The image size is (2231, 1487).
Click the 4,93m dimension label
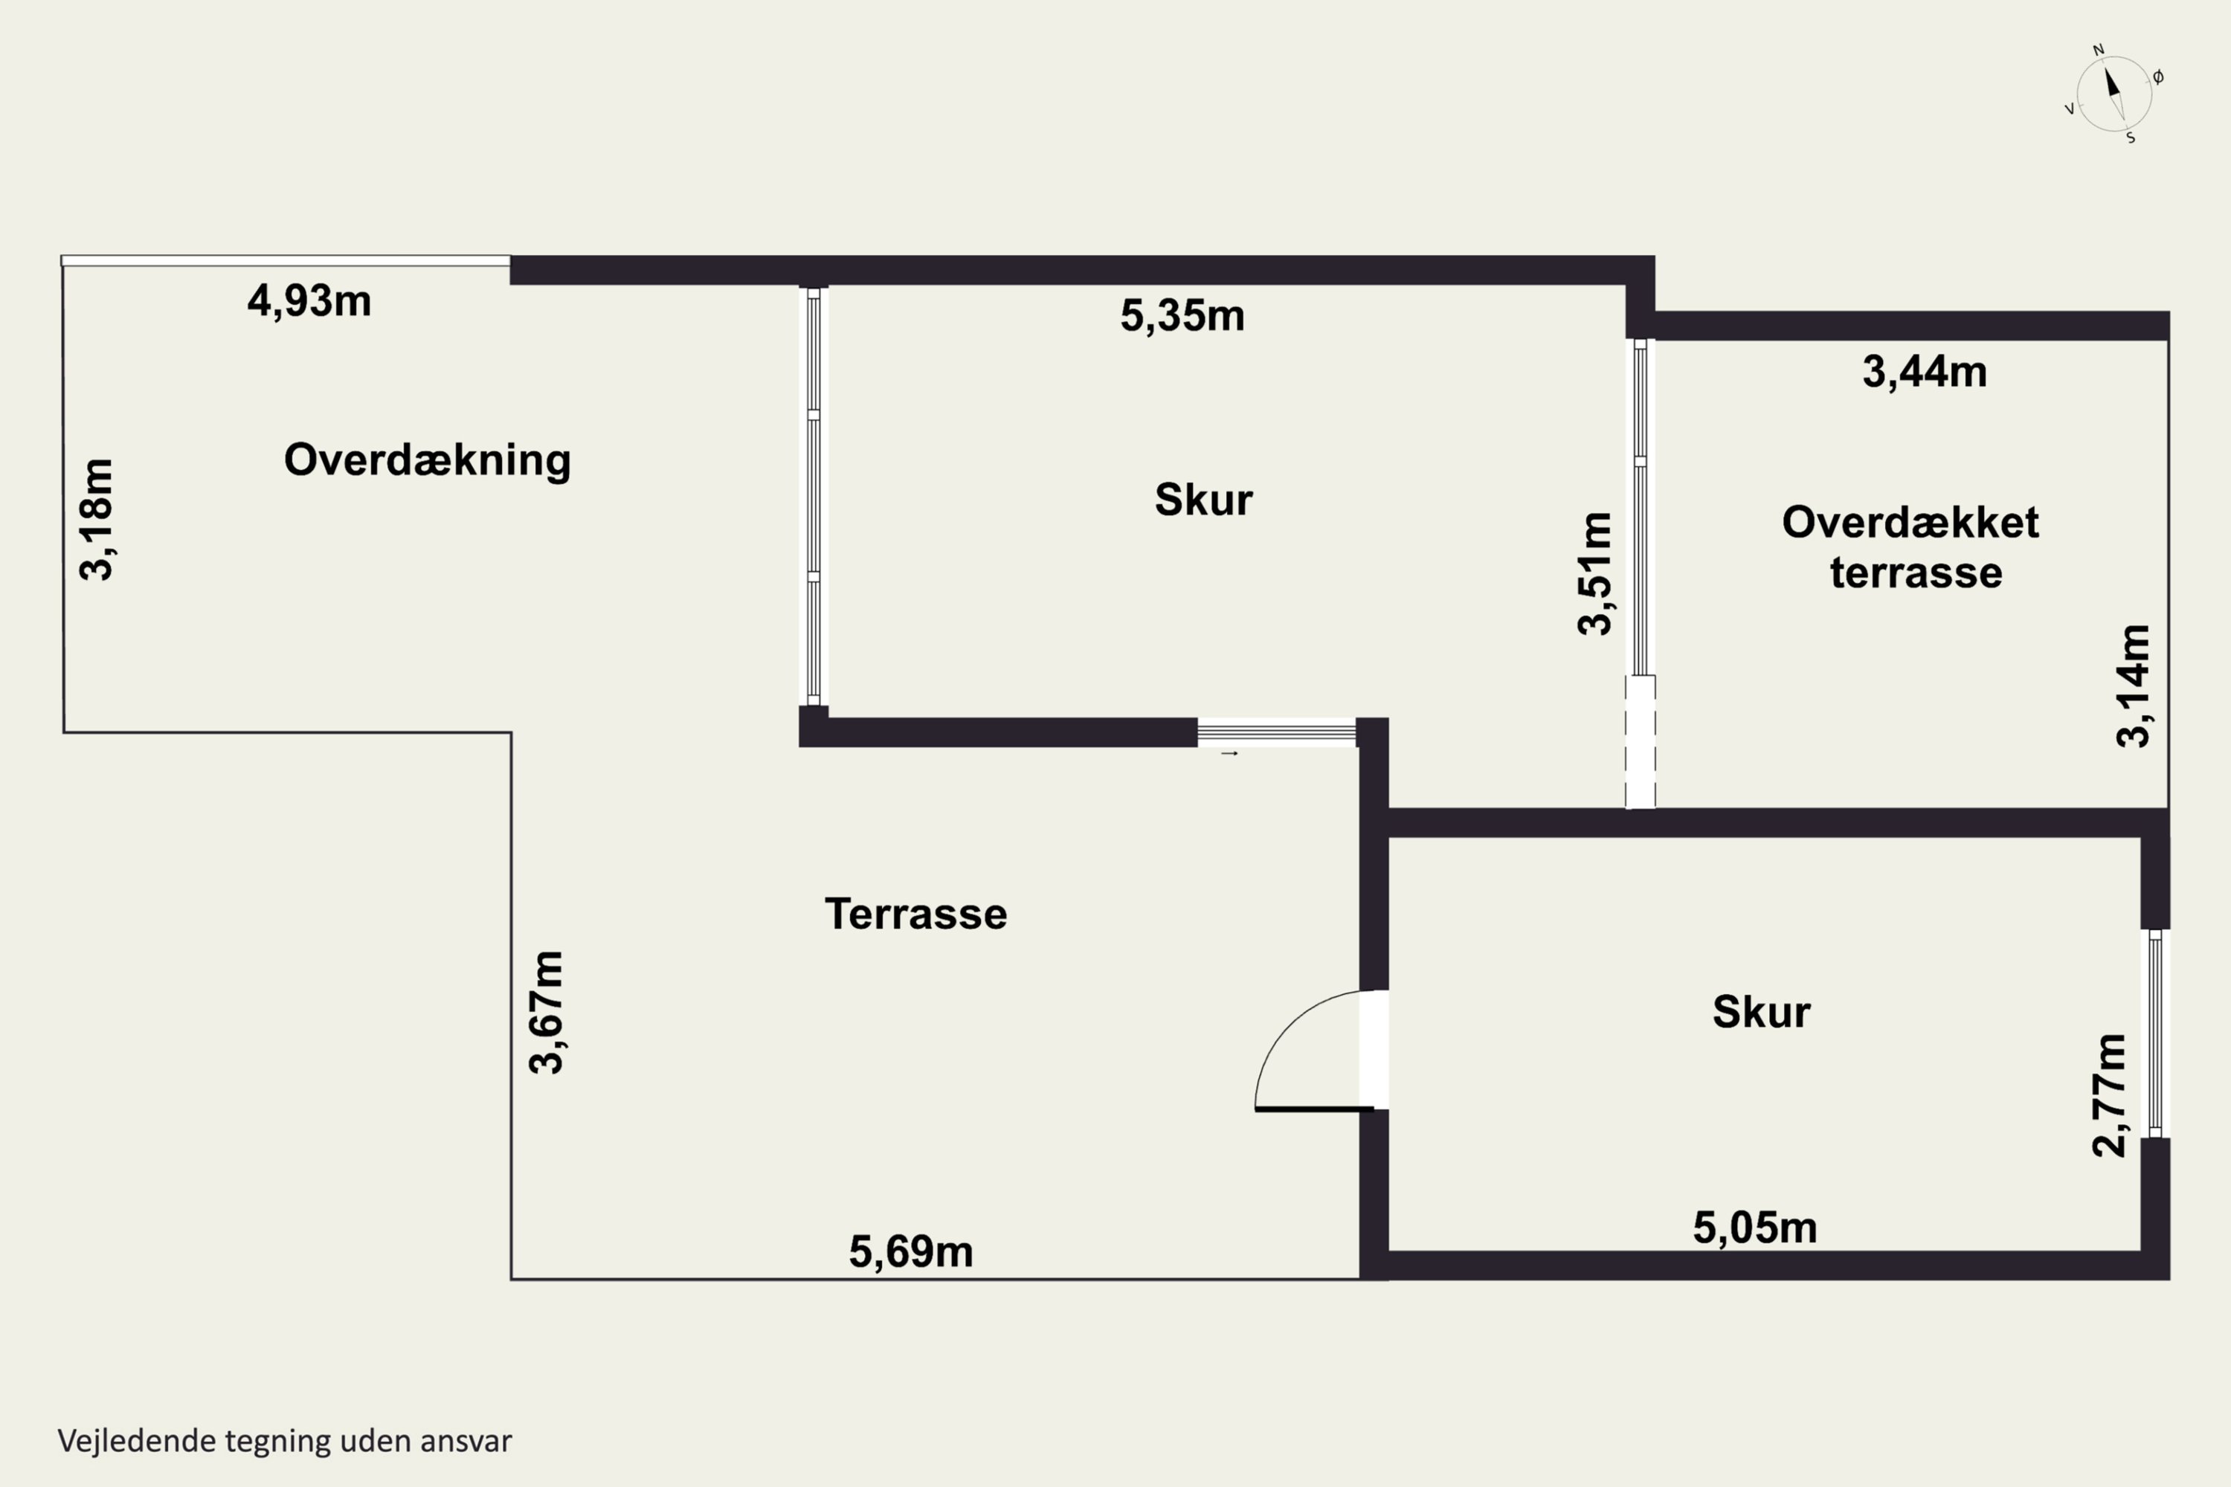[309, 302]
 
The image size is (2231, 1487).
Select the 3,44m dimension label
[1925, 372]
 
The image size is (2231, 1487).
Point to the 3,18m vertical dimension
[97, 519]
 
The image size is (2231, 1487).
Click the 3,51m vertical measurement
[1594, 572]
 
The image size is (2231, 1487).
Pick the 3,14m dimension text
[2134, 686]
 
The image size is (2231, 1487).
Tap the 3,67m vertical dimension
[547, 1012]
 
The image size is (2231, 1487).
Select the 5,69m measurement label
[910, 1252]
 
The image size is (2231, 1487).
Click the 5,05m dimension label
[1755, 1228]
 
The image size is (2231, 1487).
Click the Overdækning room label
[427, 460]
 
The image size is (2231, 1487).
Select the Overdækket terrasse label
[1910, 547]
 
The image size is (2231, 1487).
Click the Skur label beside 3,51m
[1204, 500]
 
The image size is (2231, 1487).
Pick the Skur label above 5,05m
[1762, 1012]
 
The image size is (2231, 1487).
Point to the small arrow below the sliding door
[1229, 754]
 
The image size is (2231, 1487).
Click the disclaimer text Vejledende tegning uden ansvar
[285, 1441]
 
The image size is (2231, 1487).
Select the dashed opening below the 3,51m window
[1640, 741]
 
